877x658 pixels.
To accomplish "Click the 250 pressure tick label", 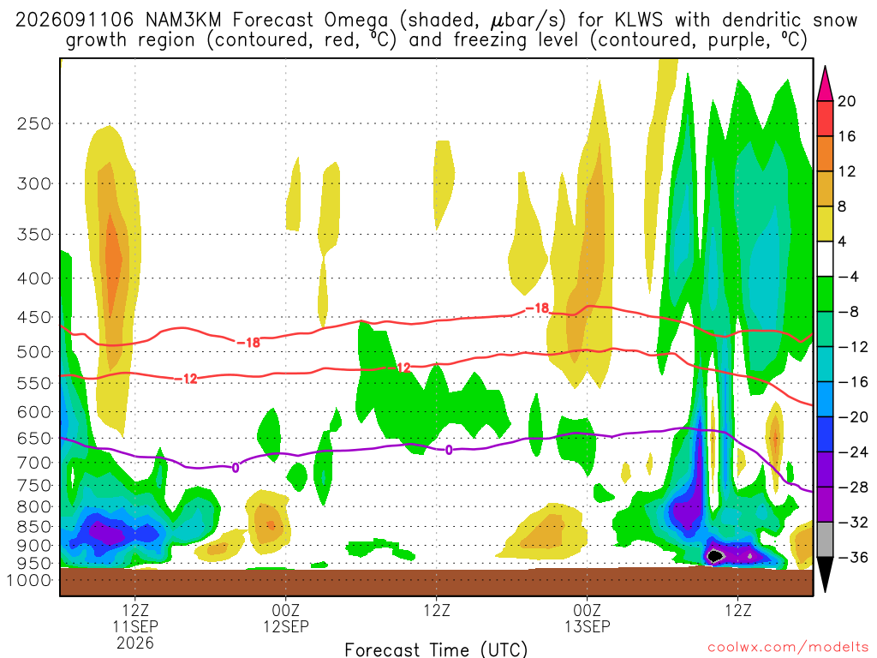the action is (34, 123).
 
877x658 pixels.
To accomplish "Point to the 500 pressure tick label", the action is (34, 352).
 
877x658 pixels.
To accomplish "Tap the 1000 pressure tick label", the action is (28, 580).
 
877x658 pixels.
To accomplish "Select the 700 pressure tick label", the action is (34, 463).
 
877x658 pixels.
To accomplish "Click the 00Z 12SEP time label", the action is (286, 619).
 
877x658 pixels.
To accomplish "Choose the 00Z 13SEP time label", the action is (588, 619).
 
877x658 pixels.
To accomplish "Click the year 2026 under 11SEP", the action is (135, 643).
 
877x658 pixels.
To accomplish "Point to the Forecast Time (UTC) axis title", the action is (436, 649).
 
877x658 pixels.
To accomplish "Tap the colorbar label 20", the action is (847, 101).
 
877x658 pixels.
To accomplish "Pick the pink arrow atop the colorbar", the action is (825, 84).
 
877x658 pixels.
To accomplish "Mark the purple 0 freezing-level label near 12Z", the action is (449, 450).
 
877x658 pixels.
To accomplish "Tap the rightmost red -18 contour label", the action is (538, 308).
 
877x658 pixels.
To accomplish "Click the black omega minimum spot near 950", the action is (714, 555).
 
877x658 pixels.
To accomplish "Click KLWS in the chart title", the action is (638, 21).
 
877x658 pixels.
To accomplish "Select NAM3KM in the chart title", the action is (183, 21).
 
